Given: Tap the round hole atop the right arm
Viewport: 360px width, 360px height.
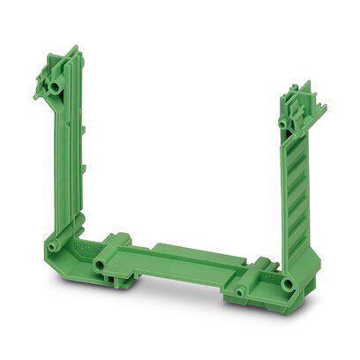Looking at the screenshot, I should pyautogui.click(x=284, y=122).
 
